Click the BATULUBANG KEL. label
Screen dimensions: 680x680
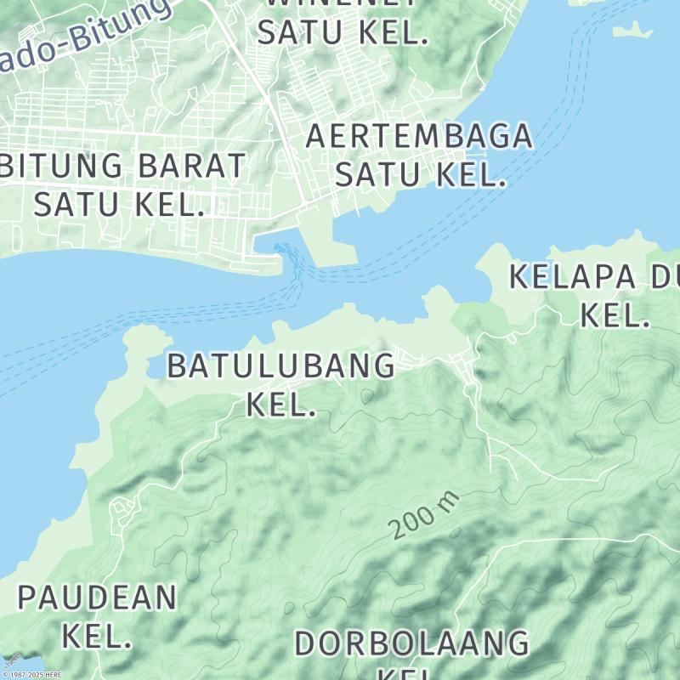[x=280, y=384]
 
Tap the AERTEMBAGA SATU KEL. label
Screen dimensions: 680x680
[x=419, y=155]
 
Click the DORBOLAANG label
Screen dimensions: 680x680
[x=411, y=643]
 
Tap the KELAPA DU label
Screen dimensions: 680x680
[x=594, y=277]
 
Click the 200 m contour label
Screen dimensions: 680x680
[x=424, y=516]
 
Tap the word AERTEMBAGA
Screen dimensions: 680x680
[x=419, y=136]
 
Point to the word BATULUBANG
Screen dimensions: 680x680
[x=280, y=366]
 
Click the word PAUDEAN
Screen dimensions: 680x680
[x=98, y=598]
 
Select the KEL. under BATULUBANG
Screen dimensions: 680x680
[x=280, y=405]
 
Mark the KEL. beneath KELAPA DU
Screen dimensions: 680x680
[x=615, y=316]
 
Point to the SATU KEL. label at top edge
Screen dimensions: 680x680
[x=341, y=32]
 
